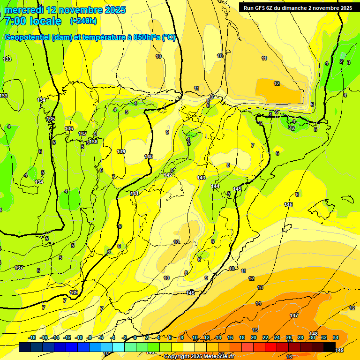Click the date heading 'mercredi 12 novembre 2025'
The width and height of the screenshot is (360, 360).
pyautogui.click(x=65, y=9)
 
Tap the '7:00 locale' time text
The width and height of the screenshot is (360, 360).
pyautogui.click(x=33, y=21)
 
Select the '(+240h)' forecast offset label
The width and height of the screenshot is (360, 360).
pyautogui.click(x=83, y=21)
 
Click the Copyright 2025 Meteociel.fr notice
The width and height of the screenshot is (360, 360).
pyautogui.click(x=199, y=357)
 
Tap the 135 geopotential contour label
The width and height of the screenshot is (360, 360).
pyautogui.click(x=51, y=119)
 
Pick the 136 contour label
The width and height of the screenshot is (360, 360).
pyautogui.click(x=69, y=128)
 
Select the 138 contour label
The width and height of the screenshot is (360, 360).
pyautogui.click(x=93, y=141)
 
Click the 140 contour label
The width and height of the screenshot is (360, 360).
pyautogui.click(x=149, y=156)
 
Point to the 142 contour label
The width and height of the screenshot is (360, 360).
pyautogui.click(x=167, y=175)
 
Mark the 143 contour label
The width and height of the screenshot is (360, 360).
pyautogui.click(x=201, y=178)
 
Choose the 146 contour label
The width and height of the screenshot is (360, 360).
pyautogui.click(x=288, y=204)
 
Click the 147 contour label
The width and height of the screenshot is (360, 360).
pyautogui.click(x=294, y=315)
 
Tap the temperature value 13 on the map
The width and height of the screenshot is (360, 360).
pyautogui.click(x=260, y=287)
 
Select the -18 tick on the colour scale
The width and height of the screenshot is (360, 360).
pyautogui.click(x=32, y=337)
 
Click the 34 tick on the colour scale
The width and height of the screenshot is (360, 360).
pyautogui.click(x=336, y=337)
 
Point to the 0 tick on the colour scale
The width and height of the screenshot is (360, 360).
pyautogui.click(x=135, y=337)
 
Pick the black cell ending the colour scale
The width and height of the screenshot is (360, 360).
pyautogui.click(x=330, y=347)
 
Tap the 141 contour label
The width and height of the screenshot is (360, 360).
pyautogui.click(x=135, y=193)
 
